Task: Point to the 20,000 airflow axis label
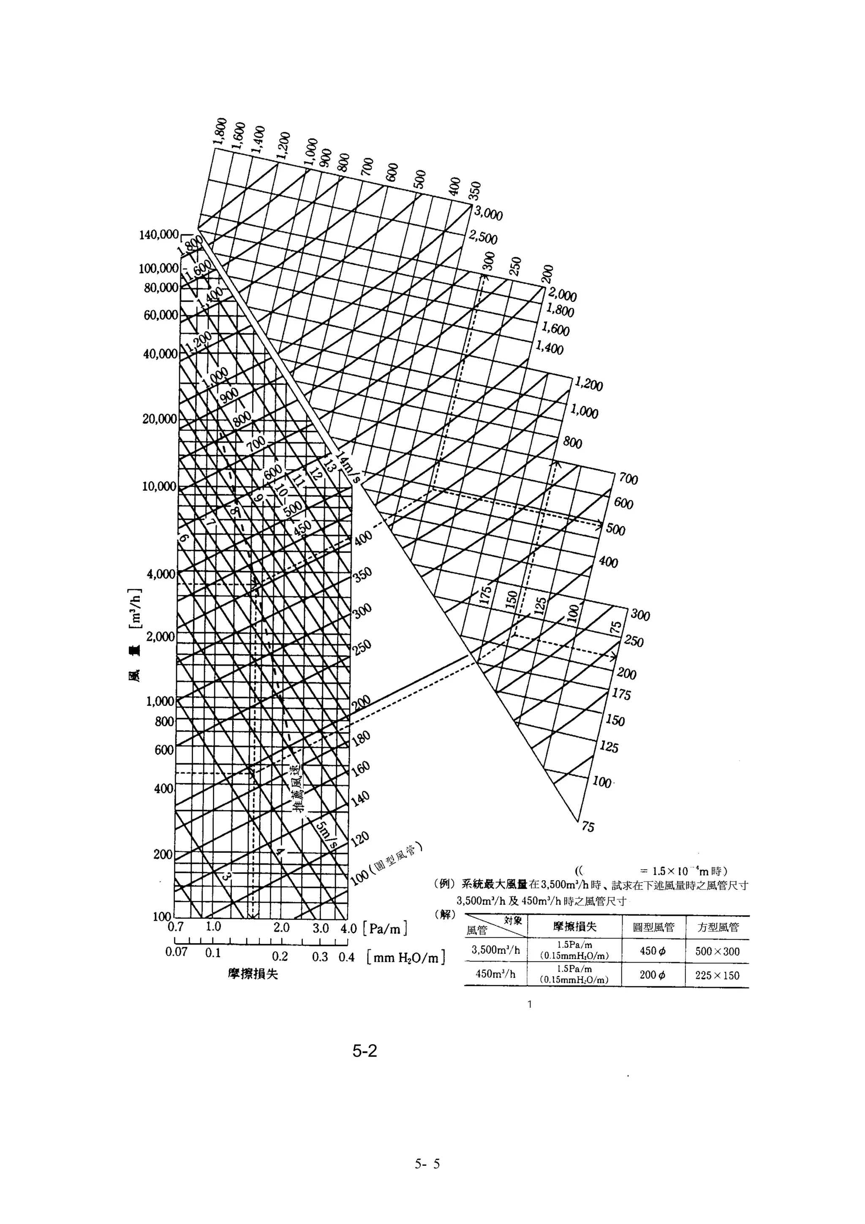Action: pyautogui.click(x=159, y=419)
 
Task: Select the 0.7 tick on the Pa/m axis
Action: pyautogui.click(x=175, y=927)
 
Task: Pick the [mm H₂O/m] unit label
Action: pyautogui.click(x=406, y=958)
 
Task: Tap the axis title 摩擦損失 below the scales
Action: pyautogui.click(x=253, y=974)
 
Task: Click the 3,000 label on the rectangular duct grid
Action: pyautogui.click(x=488, y=214)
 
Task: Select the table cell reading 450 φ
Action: pyautogui.click(x=653, y=951)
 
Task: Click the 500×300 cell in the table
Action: pyautogui.click(x=717, y=952)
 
